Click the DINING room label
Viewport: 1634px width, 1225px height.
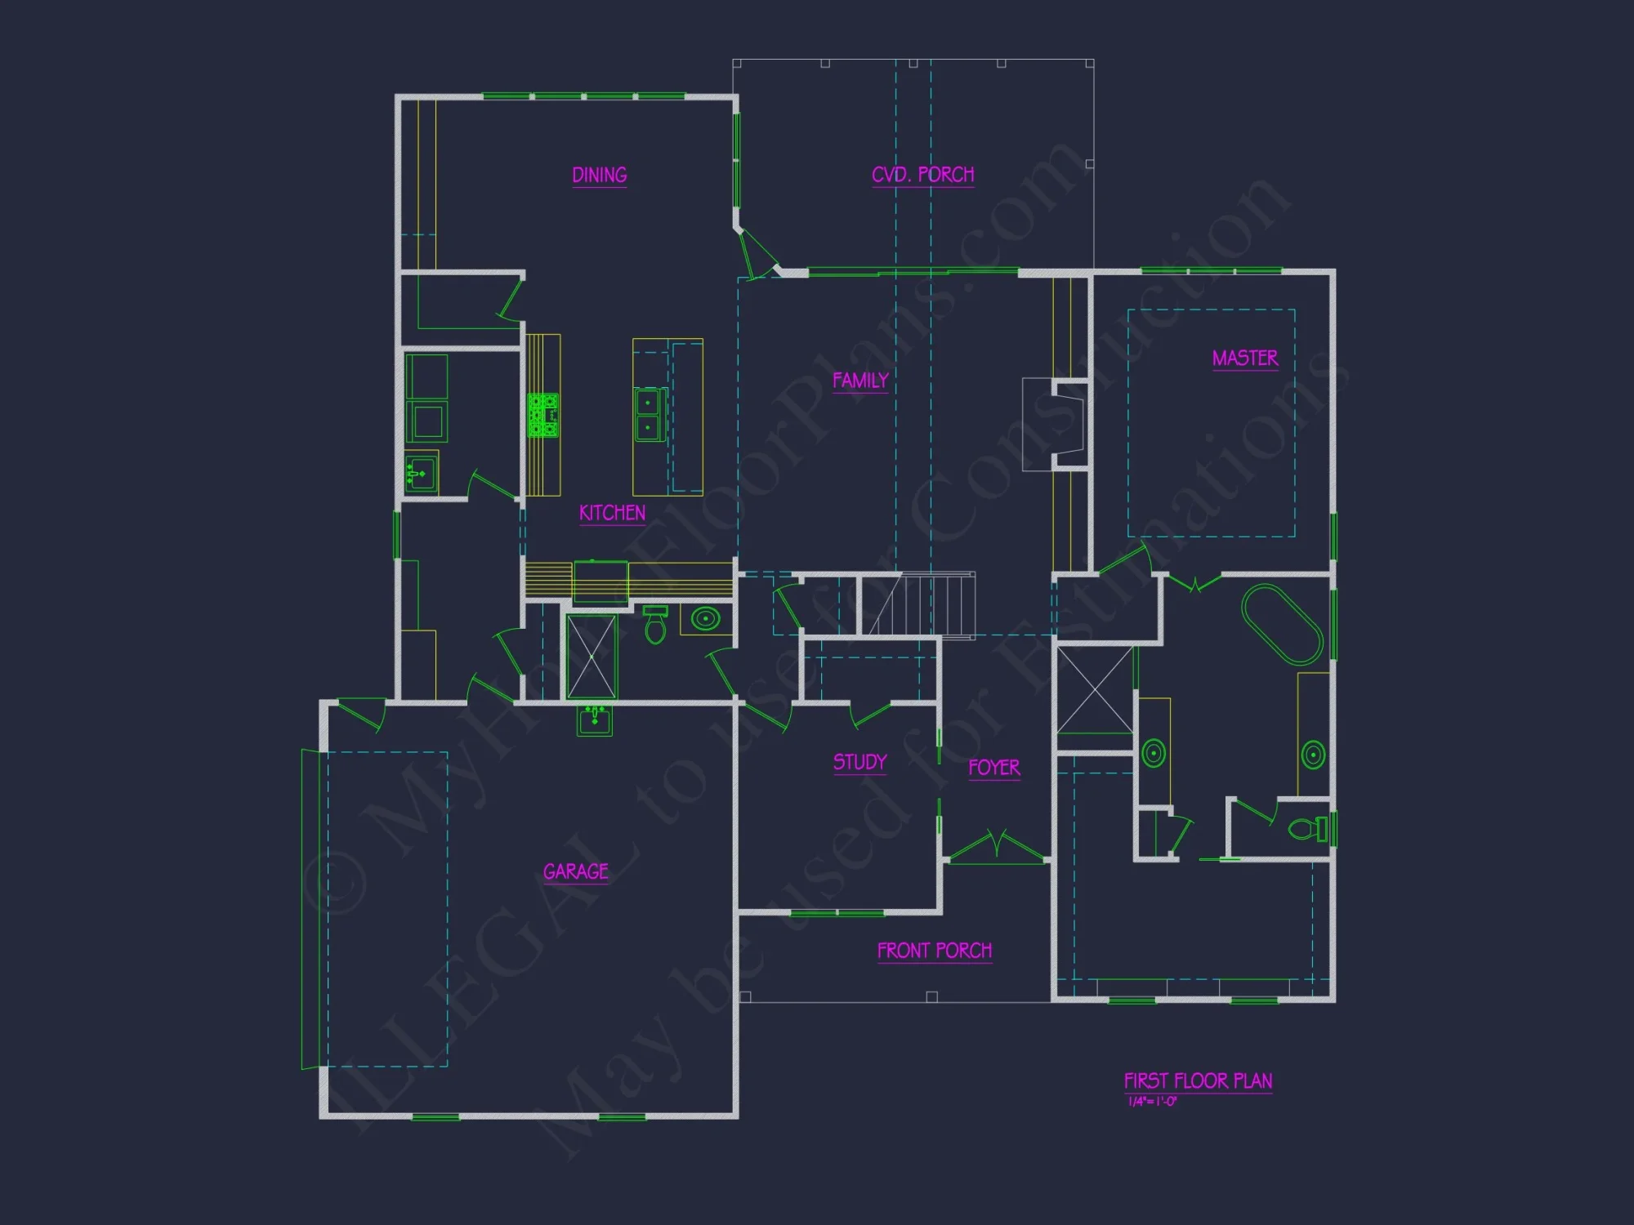[599, 176]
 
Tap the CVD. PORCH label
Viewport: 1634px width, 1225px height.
[922, 175]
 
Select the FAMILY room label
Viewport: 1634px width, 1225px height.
[860, 381]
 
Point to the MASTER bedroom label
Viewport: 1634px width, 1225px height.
[1245, 359]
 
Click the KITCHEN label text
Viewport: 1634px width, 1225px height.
[612, 513]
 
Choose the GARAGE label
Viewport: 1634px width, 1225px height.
[576, 872]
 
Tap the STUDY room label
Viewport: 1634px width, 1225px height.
[859, 762]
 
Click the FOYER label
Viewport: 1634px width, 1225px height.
[994, 768]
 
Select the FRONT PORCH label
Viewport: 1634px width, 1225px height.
[935, 951]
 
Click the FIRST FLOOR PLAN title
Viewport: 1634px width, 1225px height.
[1198, 1081]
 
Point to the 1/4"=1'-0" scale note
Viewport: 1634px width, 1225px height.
[1152, 1102]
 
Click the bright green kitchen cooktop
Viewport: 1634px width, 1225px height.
[543, 415]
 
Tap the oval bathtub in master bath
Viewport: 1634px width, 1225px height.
[1281, 624]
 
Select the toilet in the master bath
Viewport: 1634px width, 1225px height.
[1307, 829]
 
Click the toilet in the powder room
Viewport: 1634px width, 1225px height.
[655, 626]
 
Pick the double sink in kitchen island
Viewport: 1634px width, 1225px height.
[650, 415]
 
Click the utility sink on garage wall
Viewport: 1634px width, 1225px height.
[594, 721]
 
